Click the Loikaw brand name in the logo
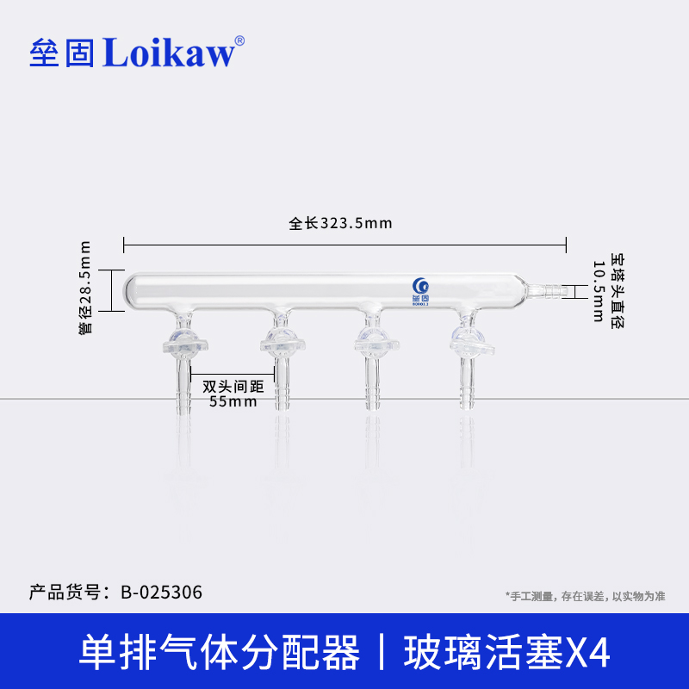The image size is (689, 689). click(169, 53)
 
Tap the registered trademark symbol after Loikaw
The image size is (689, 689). click(239, 40)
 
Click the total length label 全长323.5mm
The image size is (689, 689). click(340, 224)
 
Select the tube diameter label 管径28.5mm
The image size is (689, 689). click(84, 290)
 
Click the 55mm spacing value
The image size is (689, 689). click(233, 401)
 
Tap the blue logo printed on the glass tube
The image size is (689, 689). click(420, 286)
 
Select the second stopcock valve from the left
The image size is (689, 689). click(280, 345)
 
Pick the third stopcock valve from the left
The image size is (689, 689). click(374, 345)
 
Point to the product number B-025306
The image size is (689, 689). click(162, 592)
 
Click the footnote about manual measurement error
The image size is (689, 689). click(586, 596)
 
